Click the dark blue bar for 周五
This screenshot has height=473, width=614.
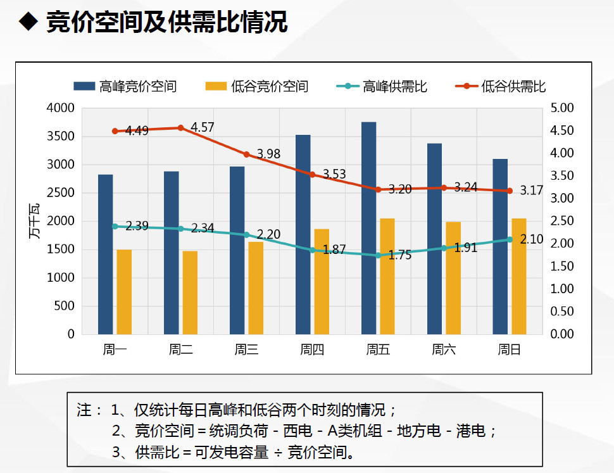click(368, 228)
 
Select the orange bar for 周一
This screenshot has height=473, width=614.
click(124, 292)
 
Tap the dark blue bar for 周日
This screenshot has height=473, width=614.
click(500, 246)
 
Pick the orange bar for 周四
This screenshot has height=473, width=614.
click(322, 281)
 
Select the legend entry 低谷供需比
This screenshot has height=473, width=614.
click(500, 86)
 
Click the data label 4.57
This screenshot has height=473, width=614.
click(202, 127)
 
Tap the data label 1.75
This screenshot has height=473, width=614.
click(399, 256)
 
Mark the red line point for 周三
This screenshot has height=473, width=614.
click(246, 154)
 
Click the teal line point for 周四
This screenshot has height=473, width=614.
click(312, 250)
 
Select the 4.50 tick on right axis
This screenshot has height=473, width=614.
click(563, 130)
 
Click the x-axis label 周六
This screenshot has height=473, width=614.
click(443, 349)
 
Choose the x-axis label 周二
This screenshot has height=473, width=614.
click(180, 349)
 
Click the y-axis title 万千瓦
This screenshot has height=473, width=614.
click(34, 222)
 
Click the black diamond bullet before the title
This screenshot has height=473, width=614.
click(27, 22)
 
